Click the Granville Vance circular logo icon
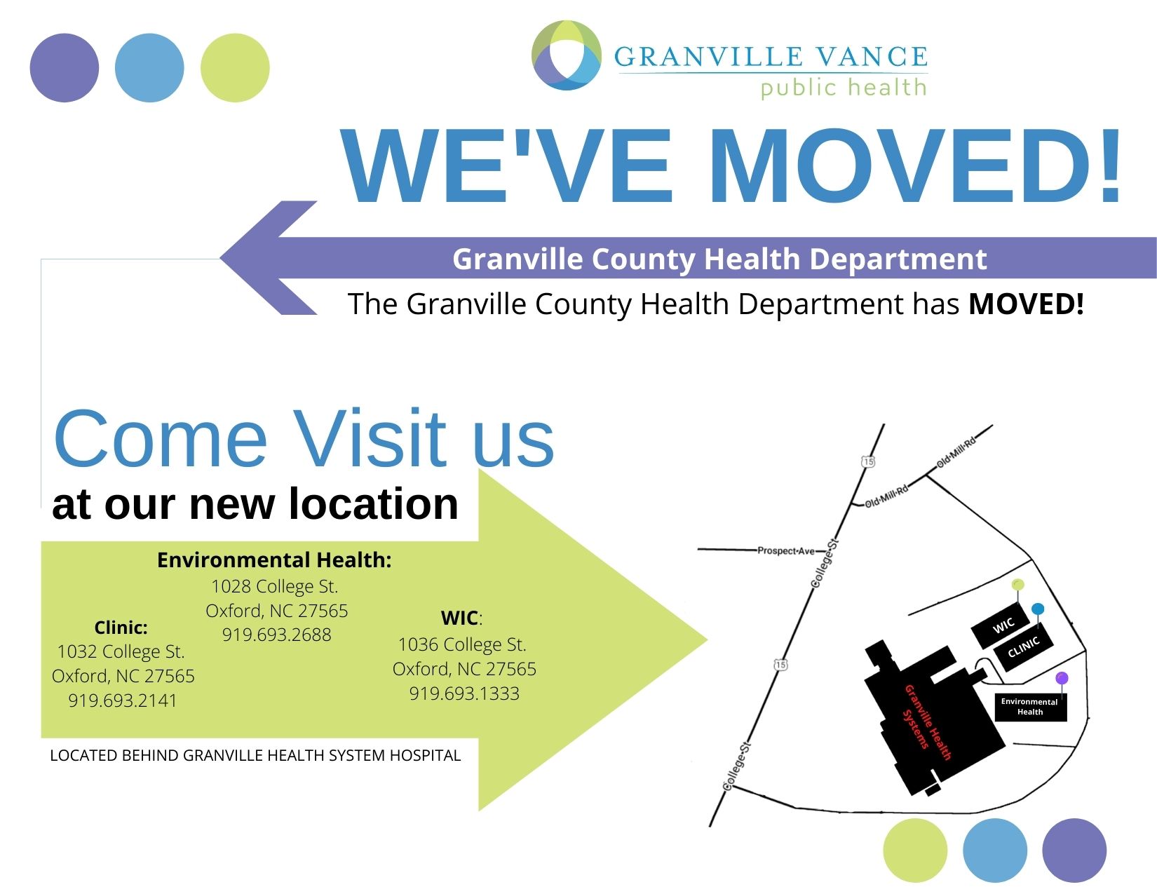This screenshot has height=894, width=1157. (x=567, y=55)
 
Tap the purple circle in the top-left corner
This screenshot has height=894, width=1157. (x=65, y=67)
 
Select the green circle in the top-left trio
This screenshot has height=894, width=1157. (x=235, y=67)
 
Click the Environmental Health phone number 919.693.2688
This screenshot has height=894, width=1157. (x=277, y=635)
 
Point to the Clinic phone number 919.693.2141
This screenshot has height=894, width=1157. (x=123, y=700)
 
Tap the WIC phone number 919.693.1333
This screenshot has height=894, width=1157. (x=464, y=693)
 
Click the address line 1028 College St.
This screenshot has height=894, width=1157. (x=275, y=586)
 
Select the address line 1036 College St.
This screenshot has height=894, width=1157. (x=462, y=644)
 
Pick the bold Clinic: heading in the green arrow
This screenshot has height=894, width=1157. (x=121, y=628)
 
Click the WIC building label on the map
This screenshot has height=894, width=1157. (x=1003, y=625)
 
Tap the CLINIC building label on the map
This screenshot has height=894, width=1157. (x=1023, y=647)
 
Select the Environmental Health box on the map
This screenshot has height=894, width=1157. (x=1031, y=707)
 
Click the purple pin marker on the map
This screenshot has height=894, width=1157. (x=1062, y=678)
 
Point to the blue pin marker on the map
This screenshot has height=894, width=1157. (x=1038, y=609)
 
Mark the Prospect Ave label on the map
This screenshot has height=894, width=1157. (x=786, y=550)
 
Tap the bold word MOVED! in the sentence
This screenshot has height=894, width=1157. (x=1026, y=304)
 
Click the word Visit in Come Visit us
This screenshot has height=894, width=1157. (x=370, y=439)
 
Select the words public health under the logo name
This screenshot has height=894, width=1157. (x=844, y=88)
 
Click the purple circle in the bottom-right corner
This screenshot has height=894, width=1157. (x=1074, y=851)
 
